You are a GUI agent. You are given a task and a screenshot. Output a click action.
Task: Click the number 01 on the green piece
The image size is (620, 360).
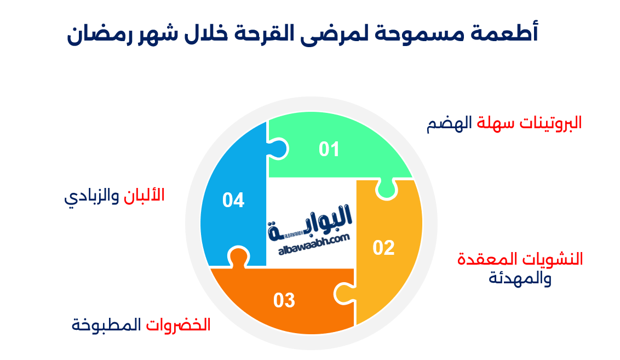330,149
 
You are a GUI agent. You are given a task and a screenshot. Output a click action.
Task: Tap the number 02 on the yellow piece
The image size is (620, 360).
383,248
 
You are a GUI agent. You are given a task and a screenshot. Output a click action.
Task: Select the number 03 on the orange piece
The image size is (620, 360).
284,300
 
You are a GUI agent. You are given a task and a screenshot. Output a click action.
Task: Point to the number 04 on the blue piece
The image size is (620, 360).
233,201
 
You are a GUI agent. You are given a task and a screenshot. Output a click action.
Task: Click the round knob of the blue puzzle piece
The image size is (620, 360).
277,148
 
